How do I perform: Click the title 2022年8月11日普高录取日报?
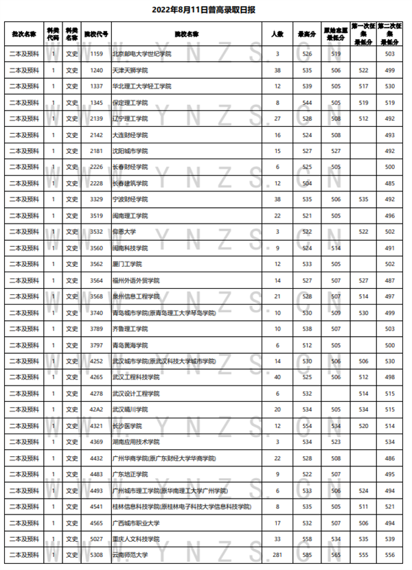[206, 10]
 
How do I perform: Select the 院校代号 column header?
[97, 34]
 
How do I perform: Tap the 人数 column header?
[277, 34]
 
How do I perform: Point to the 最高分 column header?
[307, 34]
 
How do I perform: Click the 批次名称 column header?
[24, 34]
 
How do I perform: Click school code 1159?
[97, 54]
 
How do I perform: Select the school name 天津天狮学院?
[130, 70]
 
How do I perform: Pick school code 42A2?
[97, 409]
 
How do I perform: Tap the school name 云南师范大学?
[130, 555]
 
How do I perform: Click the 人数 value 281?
[277, 555]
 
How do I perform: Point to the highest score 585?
[307, 555]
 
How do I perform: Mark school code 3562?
[97, 264]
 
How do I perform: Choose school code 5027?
[97, 538]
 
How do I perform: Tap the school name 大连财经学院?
[130, 134]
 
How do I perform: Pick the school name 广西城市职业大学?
[135, 523]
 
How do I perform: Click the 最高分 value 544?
[307, 102]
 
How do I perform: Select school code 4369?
[97, 442]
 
